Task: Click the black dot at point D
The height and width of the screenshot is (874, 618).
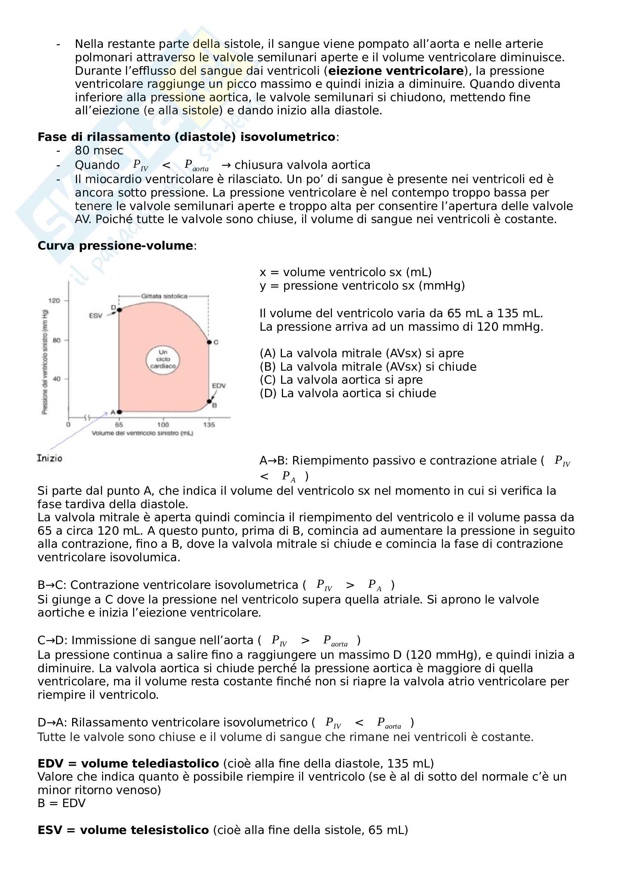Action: (119, 310)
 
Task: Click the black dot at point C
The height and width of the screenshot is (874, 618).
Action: (209, 342)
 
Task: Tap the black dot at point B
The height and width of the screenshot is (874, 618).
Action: (209, 402)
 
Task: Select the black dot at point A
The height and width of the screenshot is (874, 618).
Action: (119, 412)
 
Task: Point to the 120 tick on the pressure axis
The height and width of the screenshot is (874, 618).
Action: (54, 301)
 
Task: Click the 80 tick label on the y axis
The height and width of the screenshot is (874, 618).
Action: (56, 340)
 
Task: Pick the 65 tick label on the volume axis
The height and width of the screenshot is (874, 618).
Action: (119, 425)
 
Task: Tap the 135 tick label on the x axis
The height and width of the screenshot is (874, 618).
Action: (209, 425)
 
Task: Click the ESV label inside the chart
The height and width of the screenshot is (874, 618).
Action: (96, 316)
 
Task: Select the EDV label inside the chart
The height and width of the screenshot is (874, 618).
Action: (219, 386)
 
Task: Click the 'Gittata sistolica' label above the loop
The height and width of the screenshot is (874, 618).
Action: (164, 296)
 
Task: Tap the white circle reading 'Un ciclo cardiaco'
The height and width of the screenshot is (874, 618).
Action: (163, 359)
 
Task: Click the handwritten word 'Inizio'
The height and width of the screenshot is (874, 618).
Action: (49, 458)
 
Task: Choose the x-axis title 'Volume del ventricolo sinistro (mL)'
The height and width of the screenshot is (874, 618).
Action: (142, 433)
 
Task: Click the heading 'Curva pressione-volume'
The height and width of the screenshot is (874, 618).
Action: (115, 246)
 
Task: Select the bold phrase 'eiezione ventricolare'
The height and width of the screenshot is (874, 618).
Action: (396, 71)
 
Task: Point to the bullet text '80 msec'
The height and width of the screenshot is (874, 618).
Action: (99, 151)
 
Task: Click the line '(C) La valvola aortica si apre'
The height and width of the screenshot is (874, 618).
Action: (341, 380)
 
